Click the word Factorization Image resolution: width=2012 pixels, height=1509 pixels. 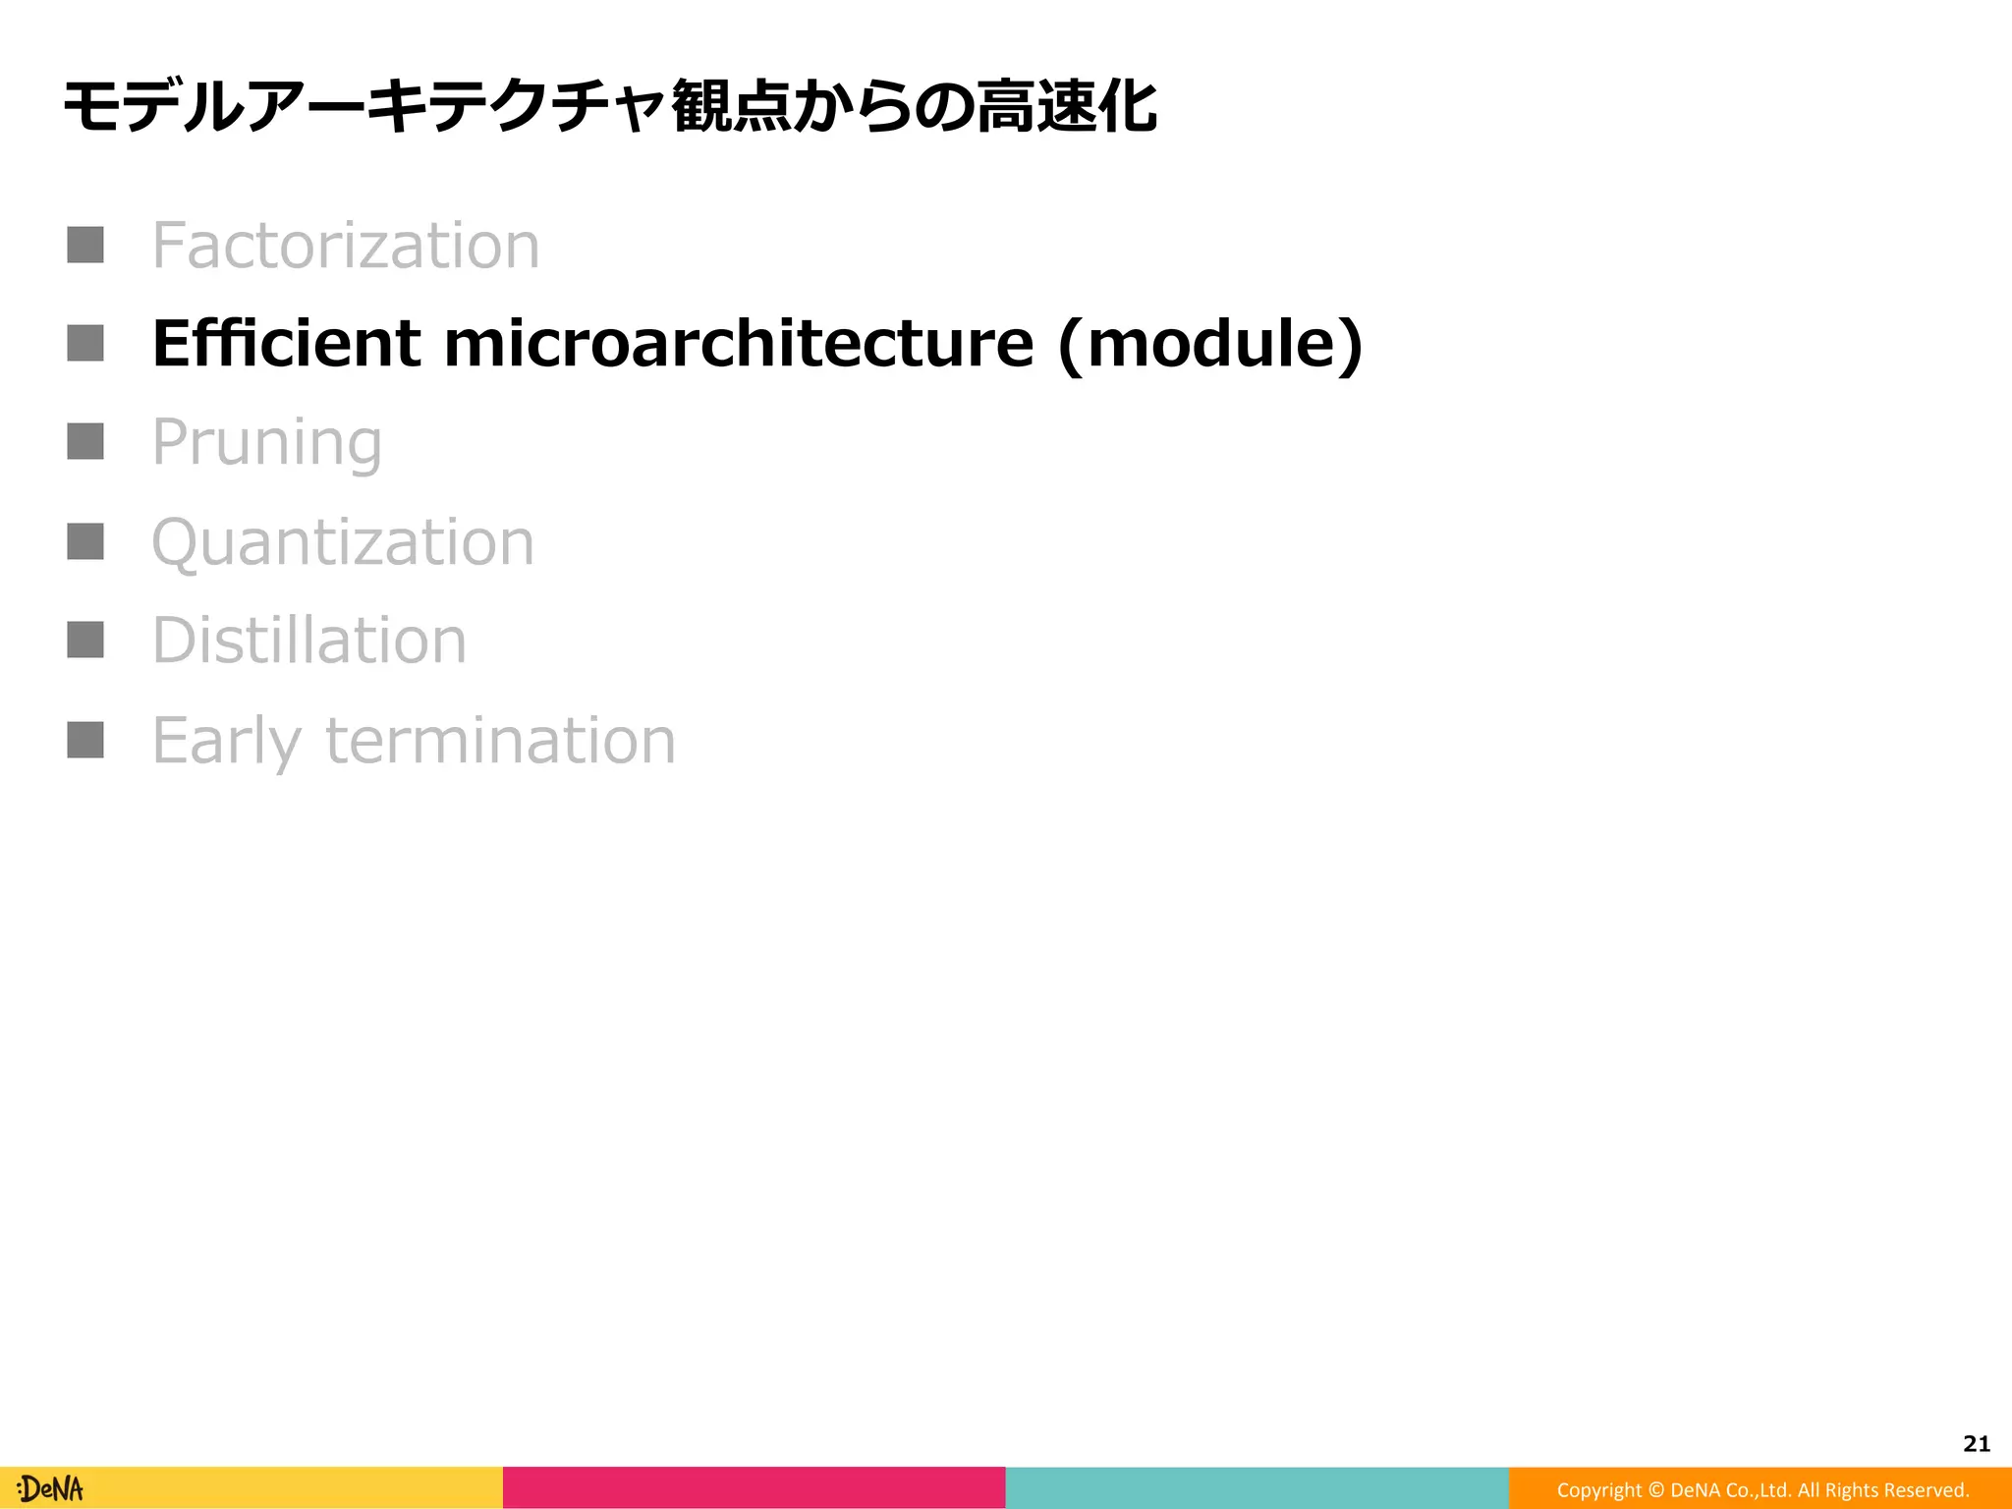346,246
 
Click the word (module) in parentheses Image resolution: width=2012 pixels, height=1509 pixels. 1210,346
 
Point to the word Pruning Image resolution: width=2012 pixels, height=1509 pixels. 266,444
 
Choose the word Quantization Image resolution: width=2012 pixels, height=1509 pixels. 343,542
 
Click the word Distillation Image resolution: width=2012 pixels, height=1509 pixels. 309,641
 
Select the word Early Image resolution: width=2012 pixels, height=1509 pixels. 226,742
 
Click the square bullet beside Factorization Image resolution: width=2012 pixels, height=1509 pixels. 85,245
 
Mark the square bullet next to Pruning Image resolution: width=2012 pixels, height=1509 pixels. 85,441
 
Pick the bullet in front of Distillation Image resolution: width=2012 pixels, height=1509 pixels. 85,640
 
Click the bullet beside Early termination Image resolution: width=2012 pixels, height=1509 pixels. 85,740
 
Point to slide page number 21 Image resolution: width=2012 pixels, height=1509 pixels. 1976,1443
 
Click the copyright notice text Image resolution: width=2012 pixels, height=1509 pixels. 1762,1489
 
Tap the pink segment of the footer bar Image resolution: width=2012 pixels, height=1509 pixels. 754,1487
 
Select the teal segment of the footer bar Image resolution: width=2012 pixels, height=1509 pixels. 1257,1487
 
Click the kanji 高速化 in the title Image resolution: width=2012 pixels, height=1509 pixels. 1066,106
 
